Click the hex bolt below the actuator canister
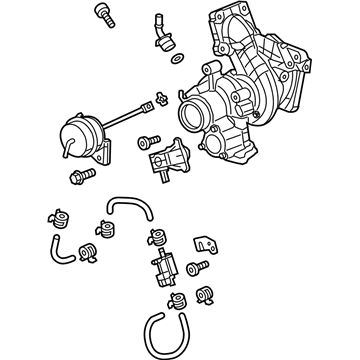77,178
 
